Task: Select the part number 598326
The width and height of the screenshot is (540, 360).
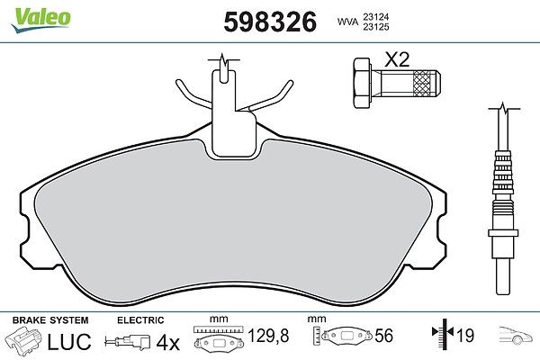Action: pyautogui.click(x=270, y=22)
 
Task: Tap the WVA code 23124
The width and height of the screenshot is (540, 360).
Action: pyautogui.click(x=375, y=16)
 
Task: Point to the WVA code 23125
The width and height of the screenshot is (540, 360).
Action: pyautogui.click(x=375, y=27)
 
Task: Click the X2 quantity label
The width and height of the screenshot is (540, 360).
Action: pyautogui.click(x=397, y=59)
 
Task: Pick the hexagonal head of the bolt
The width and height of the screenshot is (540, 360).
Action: pyautogui.click(x=362, y=83)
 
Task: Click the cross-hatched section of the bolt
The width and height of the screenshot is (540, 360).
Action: pyautogui.click(x=422, y=83)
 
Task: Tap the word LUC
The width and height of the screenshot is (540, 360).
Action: pyautogui.click(x=69, y=341)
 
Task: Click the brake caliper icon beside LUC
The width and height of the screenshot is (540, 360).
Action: pyautogui.click(x=23, y=340)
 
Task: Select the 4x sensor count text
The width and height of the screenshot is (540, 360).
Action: pyautogui.click(x=168, y=342)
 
